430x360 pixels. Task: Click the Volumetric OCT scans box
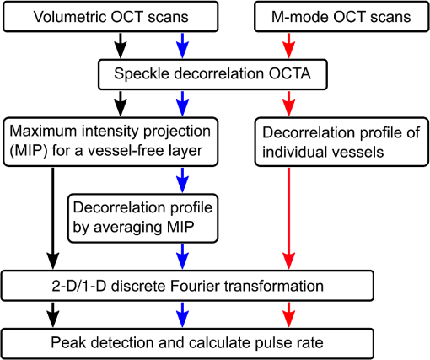coord(110,17)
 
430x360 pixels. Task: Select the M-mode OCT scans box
coord(341,17)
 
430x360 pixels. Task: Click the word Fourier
coord(195,286)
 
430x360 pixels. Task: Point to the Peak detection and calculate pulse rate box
coord(187,343)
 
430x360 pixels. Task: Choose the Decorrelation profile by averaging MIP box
coord(142,218)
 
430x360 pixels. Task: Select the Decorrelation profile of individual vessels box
coord(341,142)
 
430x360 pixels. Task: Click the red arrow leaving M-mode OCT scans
coord(288,46)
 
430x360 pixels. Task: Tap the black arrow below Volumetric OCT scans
coord(121,46)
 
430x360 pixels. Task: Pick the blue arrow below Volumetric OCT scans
coord(182,46)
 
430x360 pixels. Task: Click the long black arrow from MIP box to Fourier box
coord(53,218)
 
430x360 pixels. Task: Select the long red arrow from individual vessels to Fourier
coord(288,218)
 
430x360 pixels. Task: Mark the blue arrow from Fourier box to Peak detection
coord(182,314)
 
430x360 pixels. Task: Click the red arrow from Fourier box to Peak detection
coord(288,314)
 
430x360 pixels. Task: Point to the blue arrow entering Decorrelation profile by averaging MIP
coord(182,180)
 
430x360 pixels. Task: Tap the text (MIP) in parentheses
coord(29,151)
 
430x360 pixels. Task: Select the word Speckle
coord(142,74)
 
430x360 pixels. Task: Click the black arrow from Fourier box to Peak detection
coord(53,314)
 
